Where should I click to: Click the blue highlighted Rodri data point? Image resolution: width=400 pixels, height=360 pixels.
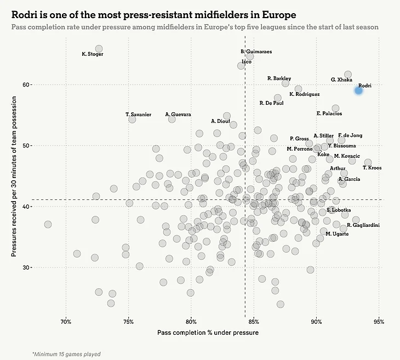(x=358, y=90)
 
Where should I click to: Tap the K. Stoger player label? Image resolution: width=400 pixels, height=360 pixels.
(x=92, y=54)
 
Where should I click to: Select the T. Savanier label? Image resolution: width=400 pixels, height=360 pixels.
(x=138, y=115)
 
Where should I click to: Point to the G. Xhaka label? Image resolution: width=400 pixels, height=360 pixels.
(x=341, y=79)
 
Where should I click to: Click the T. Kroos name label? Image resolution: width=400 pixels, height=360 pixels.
(x=372, y=168)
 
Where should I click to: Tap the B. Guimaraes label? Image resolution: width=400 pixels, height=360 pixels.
(x=256, y=52)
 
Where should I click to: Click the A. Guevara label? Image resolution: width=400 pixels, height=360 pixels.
(x=178, y=115)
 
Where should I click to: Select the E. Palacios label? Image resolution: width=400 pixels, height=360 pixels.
(x=329, y=113)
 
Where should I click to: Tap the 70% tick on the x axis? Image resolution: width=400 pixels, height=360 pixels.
(x=66, y=321)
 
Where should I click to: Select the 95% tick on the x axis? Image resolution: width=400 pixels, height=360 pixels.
(x=378, y=321)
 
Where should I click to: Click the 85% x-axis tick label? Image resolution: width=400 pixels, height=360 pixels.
(x=254, y=321)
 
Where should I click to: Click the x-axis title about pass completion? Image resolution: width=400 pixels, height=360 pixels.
(x=208, y=333)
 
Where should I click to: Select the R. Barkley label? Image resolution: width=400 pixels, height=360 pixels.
(x=279, y=78)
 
